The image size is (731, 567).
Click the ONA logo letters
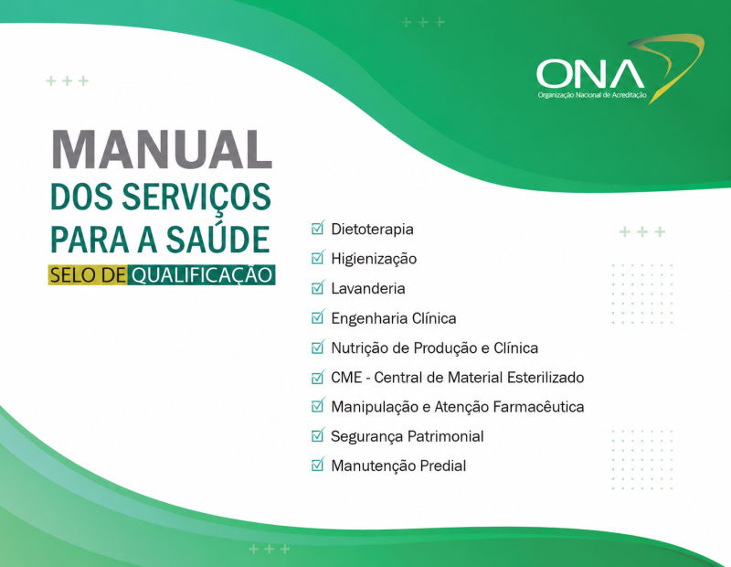pos(590,74)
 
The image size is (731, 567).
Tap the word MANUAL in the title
pos(162,149)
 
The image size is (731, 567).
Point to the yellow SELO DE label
pos(88,275)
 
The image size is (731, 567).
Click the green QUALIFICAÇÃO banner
pos(201,275)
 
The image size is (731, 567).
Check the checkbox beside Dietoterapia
pos(317,228)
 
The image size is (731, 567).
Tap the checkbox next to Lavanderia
pos(317,287)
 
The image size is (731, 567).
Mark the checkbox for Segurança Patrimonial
pos(317,435)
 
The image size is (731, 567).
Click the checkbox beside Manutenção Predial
pos(317,465)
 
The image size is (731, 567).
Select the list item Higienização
pos(374,259)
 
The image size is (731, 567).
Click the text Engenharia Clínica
pos(394,318)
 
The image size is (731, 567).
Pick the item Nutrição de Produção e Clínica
pos(435,348)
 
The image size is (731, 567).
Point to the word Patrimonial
pos(445,436)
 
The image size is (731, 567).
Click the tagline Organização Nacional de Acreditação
pos(592,95)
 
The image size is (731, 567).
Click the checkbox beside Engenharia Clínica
pos(317,316)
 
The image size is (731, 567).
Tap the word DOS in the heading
pos(81,197)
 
